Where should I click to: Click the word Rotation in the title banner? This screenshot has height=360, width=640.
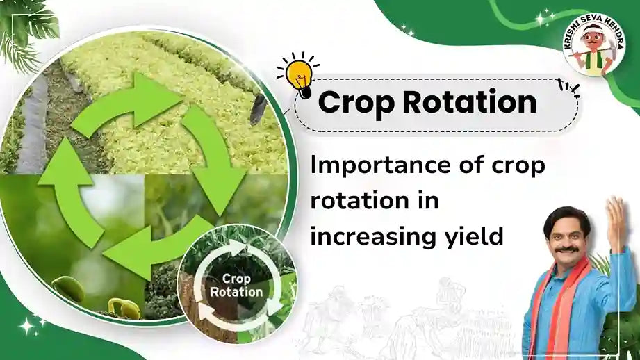click(470, 103)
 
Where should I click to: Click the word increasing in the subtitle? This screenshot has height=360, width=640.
click(370, 237)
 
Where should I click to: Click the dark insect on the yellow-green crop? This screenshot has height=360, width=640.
click(258, 109)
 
